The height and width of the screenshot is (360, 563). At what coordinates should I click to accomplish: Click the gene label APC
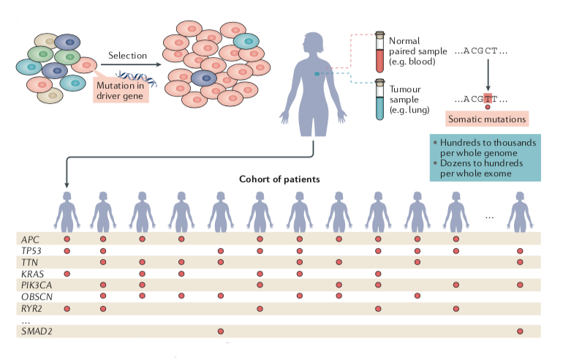(30, 239)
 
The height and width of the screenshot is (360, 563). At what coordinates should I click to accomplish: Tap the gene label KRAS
(32, 273)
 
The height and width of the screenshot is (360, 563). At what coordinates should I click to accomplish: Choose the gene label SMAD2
(36, 331)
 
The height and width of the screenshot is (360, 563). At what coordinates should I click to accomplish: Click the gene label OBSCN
(36, 296)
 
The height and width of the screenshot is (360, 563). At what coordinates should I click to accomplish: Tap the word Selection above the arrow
(127, 56)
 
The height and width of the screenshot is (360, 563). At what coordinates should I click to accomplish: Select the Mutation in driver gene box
(121, 91)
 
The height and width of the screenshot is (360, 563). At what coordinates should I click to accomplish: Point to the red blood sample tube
(380, 52)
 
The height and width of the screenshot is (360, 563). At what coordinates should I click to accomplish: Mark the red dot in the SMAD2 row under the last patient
(520, 331)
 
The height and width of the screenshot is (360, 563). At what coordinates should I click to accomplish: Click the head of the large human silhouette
(315, 42)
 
